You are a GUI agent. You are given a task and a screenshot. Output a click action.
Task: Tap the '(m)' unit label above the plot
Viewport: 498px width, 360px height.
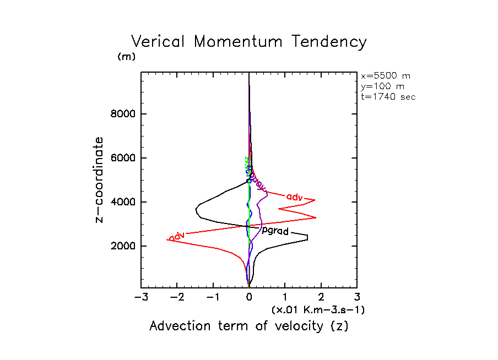126,57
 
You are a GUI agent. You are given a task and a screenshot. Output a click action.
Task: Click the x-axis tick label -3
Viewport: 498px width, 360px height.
140,298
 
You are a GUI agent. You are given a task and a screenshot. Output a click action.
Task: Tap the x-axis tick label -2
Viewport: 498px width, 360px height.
176,298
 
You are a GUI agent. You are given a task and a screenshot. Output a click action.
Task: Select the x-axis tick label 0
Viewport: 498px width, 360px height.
249,298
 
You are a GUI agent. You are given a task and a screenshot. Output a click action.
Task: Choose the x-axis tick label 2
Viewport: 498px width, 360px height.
321,298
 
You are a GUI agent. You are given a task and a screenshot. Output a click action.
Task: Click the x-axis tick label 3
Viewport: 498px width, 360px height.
357,298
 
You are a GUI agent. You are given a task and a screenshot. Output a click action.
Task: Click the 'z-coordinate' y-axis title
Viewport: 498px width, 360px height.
100,180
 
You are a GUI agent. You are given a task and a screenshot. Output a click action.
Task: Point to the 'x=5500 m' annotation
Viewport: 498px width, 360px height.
385,76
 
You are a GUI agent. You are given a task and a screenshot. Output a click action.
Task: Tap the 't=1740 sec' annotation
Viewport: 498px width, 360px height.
388,96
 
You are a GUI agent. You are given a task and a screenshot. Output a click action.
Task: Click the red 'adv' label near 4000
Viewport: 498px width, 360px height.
295,196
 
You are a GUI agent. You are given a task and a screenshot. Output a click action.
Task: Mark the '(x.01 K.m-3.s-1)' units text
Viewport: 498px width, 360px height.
318,310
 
